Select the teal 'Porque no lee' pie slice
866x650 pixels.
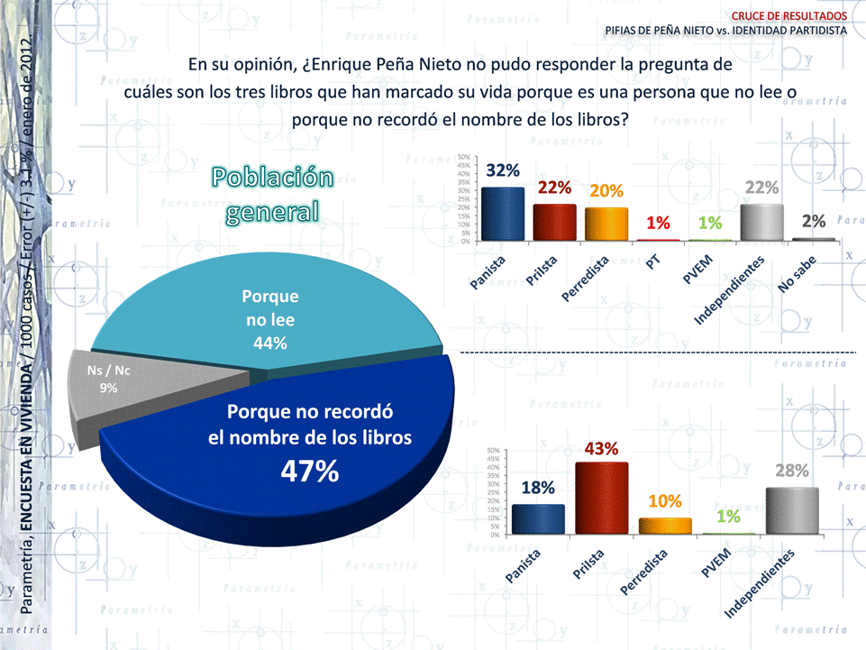click(270, 307)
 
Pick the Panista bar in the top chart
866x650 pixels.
click(502, 214)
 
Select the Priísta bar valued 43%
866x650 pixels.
click(601, 499)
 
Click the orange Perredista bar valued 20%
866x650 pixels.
click(606, 224)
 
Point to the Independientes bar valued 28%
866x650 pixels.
click(792, 511)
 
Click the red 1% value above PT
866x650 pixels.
click(659, 223)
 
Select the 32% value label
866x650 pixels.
click(502, 169)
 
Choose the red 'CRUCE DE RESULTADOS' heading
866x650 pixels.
click(789, 15)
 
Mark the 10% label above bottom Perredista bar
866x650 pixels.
click(665, 501)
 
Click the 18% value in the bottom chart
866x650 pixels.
click(538, 488)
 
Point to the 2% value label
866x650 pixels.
click(814, 222)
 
